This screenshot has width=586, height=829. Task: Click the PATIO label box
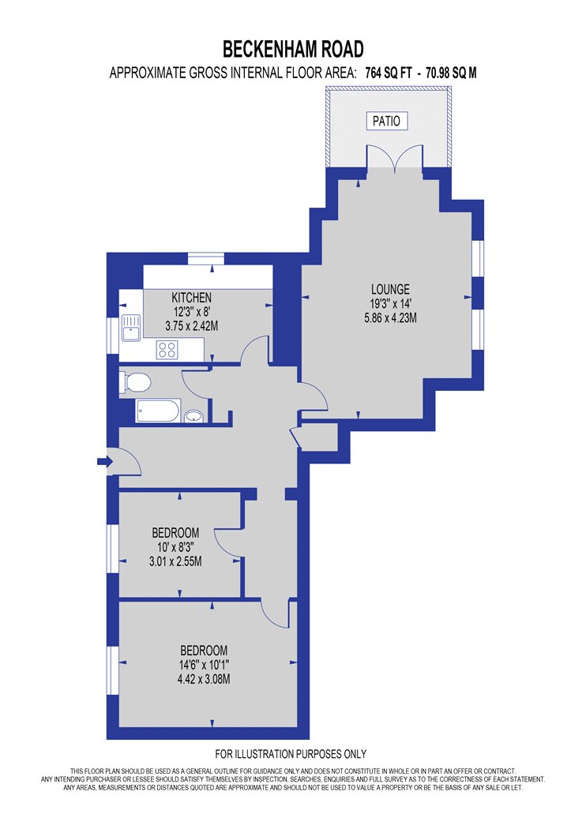coord(387,121)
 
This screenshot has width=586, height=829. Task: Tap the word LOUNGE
coord(390,289)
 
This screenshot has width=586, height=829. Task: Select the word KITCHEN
coord(191,298)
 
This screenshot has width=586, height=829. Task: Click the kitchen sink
coord(130,328)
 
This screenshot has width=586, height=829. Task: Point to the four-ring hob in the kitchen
coord(167,350)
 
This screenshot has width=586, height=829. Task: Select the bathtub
coord(159,411)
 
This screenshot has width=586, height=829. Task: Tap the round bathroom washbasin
coord(193,416)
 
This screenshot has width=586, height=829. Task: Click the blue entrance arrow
coord(105,462)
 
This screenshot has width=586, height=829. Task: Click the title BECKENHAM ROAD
coord(293,49)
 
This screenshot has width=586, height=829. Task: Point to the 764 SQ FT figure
coord(389,73)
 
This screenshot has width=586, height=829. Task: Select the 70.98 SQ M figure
coord(451,73)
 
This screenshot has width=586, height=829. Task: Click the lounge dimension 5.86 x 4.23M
coord(390,317)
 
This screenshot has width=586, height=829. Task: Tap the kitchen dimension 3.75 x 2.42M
coord(191,325)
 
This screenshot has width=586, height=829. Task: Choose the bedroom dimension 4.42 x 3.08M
coord(204,679)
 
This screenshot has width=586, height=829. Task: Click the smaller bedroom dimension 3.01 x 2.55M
coord(175,561)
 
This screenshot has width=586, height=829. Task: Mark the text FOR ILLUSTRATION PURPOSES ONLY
coord(291,754)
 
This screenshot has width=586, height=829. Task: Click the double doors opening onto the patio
coord(395,158)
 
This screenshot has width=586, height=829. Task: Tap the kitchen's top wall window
coord(206,258)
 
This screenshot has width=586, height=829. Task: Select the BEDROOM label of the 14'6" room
coord(204,651)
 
